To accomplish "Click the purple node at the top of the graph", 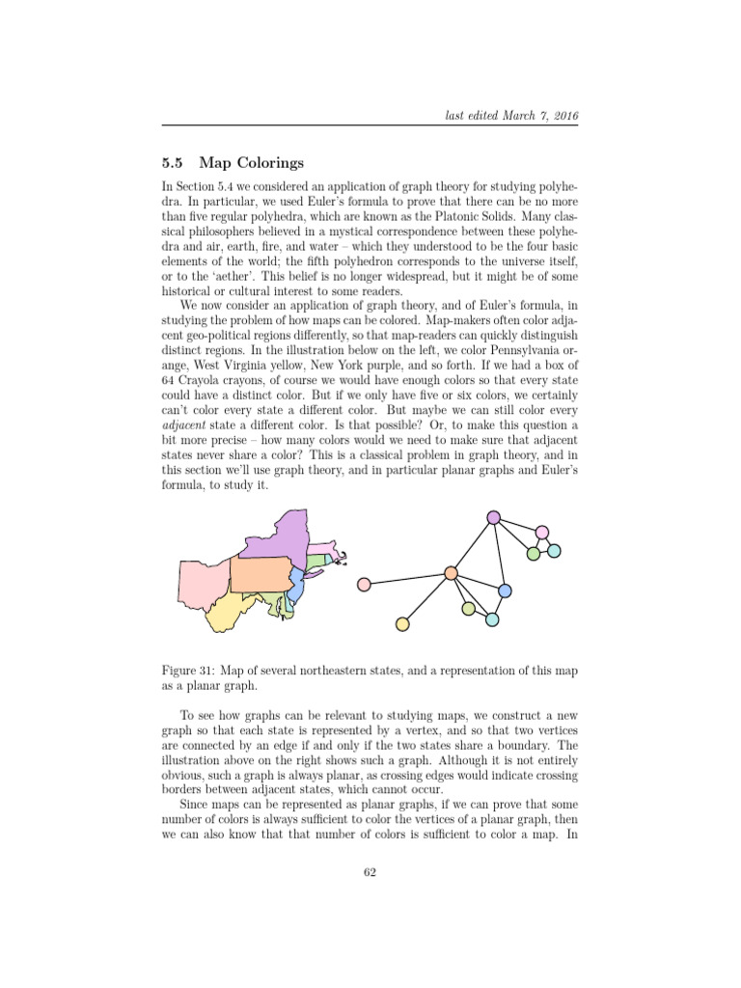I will [493, 517].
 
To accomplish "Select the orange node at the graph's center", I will [451, 573].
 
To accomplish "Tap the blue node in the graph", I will [505, 590].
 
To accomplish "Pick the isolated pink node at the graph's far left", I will [364, 584].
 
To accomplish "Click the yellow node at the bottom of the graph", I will [403, 624].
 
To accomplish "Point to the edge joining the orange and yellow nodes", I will [427, 598].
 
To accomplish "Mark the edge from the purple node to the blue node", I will [499, 554].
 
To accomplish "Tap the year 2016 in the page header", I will [564, 116].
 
